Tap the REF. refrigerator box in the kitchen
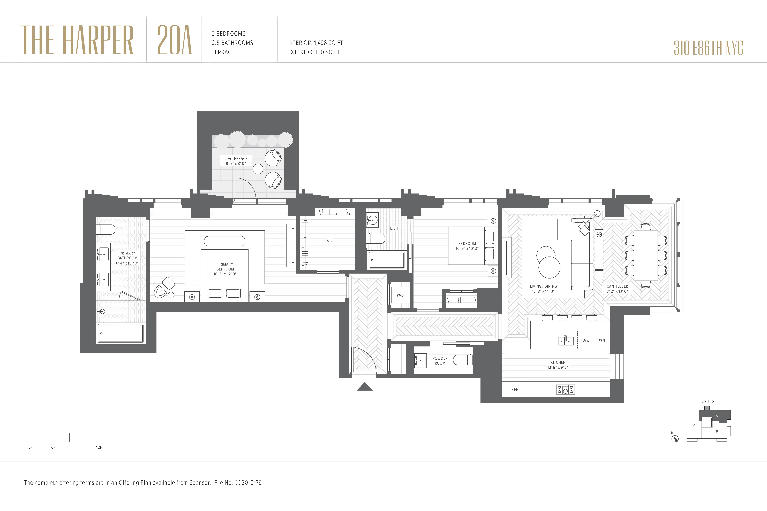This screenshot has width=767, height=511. (515, 389)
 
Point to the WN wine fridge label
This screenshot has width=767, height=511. (602, 340)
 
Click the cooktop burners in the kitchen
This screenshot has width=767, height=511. (565, 389)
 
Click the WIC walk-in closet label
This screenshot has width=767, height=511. (329, 240)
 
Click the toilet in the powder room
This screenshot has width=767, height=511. (462, 360)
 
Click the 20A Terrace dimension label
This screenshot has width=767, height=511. (236, 161)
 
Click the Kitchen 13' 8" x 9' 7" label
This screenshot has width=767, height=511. (558, 365)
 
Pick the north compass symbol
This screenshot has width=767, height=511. (675, 438)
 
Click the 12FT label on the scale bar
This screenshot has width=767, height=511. (100, 447)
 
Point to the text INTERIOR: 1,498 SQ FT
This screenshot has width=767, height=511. (315, 43)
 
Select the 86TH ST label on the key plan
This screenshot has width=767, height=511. (709, 401)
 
